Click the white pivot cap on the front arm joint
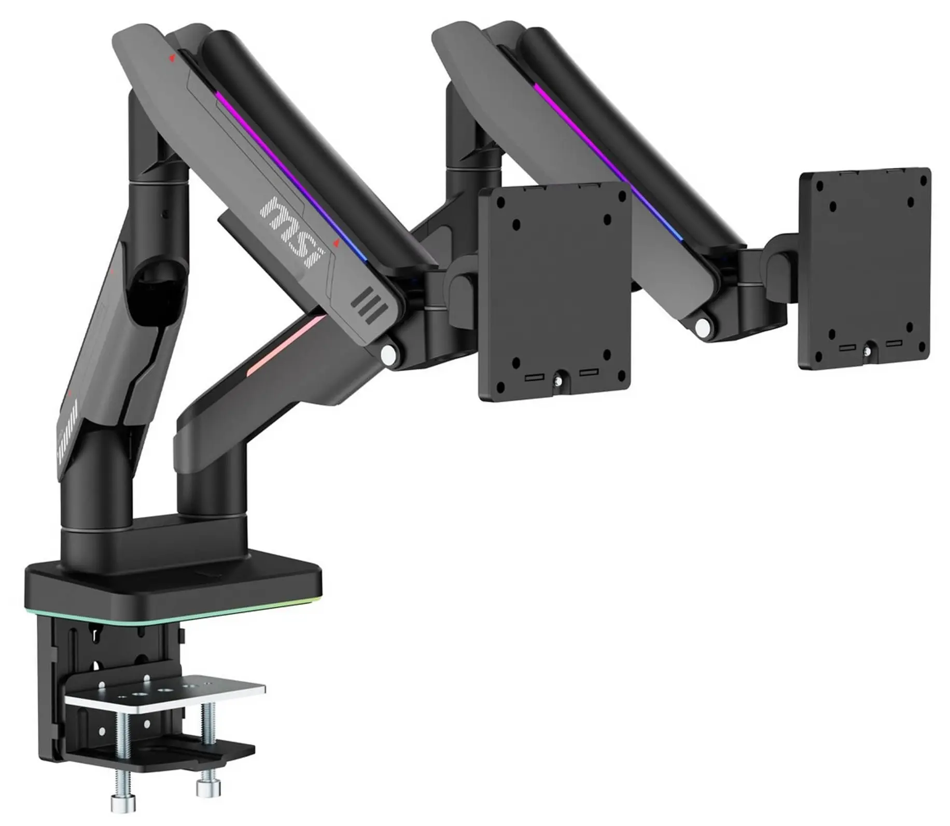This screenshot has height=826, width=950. click(387, 354)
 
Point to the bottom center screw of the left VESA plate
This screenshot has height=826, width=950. click(557, 381)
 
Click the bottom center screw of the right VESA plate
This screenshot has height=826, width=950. click(867, 352)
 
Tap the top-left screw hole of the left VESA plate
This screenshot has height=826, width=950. click(515, 225)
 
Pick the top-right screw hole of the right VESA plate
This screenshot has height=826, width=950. click(923, 181)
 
